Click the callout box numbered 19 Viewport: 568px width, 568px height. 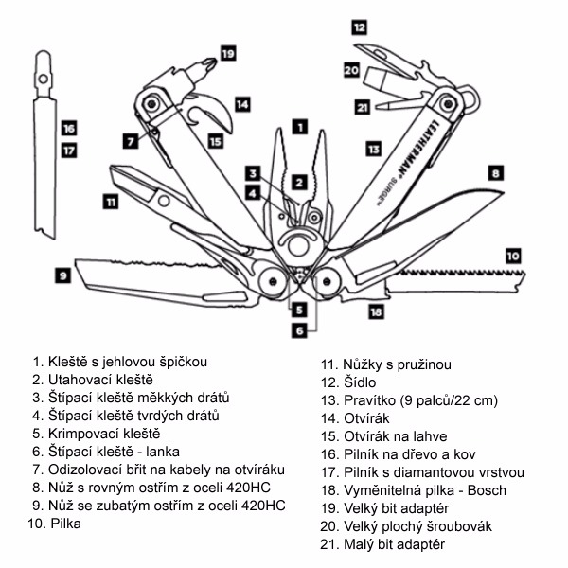227,54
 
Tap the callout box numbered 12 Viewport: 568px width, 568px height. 360,27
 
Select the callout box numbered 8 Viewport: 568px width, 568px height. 494,173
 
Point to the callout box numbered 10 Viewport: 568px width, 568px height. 512,255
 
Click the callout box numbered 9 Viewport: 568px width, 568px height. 62,275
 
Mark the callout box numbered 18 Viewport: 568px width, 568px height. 376,311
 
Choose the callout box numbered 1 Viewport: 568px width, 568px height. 299,125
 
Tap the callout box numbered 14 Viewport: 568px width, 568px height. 242,102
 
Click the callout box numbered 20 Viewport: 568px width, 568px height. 351,70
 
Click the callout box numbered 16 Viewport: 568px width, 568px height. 68,128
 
